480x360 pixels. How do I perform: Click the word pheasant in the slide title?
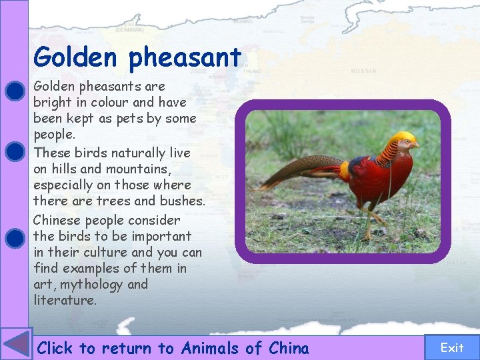[185, 59]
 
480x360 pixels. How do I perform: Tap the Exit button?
[451, 347]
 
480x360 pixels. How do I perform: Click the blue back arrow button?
[16, 345]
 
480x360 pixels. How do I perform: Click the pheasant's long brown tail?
[293, 177]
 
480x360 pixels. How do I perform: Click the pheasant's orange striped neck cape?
[387, 154]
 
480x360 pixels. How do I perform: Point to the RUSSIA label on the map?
[363, 71]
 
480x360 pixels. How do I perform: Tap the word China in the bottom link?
[289, 348]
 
